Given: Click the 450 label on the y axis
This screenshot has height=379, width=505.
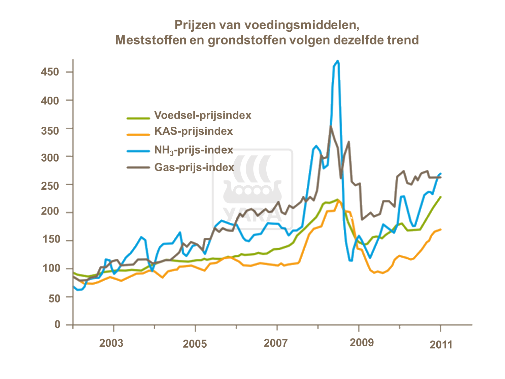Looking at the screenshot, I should coord(50,72).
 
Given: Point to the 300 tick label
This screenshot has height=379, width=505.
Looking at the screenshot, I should coord(50,157).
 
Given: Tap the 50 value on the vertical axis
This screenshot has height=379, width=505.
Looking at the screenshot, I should coord(54,298).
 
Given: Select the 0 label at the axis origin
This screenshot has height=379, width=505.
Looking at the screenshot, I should coord(58,324).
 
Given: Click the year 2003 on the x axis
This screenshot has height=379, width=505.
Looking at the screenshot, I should coord(111,343).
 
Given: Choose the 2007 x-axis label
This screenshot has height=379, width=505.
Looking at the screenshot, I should coord(275,343).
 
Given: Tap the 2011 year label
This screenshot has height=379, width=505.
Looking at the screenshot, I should coord(441,345).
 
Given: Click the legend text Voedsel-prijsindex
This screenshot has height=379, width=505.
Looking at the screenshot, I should coord(203,115).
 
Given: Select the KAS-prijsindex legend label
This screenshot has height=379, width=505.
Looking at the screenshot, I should coord(194,131).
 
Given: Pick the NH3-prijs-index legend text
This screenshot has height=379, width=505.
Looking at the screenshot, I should coord(194,150).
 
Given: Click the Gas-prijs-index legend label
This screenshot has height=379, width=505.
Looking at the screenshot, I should coord(194,167).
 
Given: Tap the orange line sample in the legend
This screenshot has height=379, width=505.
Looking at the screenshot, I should coord(138,134).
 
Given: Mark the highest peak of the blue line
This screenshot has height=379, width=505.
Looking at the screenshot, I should coord(337,61).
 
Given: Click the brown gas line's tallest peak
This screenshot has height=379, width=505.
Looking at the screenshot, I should coord(331,126).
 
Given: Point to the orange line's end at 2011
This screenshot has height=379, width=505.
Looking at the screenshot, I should coord(441,229).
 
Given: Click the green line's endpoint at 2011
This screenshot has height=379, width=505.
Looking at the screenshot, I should coord(441,197).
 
